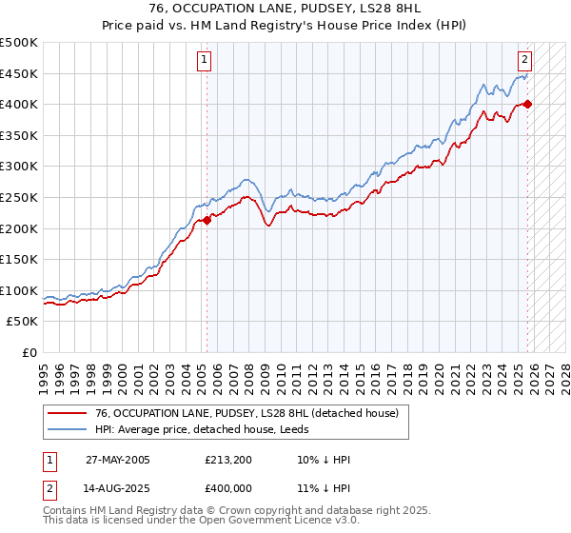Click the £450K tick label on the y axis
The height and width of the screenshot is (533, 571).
point(19,73)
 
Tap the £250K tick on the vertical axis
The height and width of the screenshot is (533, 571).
point(19,197)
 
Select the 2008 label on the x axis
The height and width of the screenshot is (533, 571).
point(249,371)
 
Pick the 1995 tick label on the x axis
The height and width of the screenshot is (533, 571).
point(44,371)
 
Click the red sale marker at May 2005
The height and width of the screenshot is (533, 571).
point(207,220)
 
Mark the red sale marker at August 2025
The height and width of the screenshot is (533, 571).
point(528,104)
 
